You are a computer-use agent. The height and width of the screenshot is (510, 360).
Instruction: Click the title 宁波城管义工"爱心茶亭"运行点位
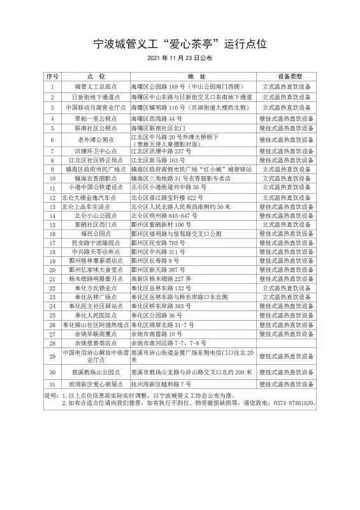180,43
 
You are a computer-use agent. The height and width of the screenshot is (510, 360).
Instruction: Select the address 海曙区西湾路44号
157,119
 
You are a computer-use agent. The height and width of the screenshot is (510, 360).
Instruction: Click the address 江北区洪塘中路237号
161,152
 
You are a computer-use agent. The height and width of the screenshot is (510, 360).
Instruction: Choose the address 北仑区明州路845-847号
164,216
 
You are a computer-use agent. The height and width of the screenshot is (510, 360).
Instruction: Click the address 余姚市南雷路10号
157,333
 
